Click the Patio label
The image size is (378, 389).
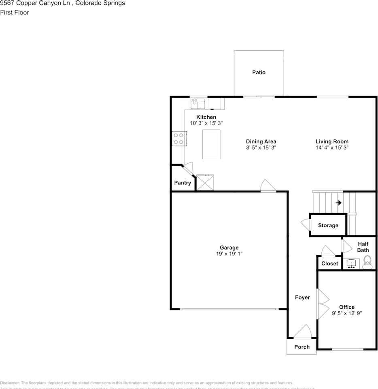(259, 73)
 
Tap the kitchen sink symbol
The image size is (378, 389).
(198, 104)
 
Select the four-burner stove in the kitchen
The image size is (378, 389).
(178, 139)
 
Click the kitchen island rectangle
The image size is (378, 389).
(211, 144)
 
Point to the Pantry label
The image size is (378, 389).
(183, 183)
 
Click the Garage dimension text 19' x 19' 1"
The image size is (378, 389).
(229, 254)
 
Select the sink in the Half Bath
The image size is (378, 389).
(351, 264)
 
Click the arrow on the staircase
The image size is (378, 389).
(338, 203)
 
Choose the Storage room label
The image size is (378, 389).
(328, 225)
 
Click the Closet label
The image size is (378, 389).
(329, 263)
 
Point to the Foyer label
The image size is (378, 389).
(302, 297)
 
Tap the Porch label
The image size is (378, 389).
(302, 347)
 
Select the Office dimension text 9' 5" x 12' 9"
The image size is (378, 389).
(347, 313)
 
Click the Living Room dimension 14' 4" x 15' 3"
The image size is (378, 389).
(332, 148)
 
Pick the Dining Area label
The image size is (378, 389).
(261, 141)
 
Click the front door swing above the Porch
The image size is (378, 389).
(303, 332)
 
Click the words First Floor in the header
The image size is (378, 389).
(15, 13)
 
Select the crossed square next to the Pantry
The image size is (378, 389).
(205, 182)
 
